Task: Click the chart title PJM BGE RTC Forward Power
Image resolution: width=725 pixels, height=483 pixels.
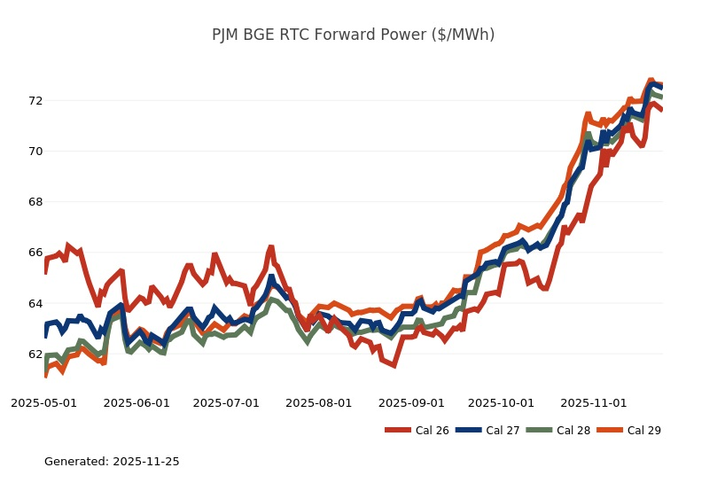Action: point(353,35)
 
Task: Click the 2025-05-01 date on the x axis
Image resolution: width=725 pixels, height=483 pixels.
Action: point(43,403)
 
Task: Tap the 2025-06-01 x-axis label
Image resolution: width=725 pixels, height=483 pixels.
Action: point(136,403)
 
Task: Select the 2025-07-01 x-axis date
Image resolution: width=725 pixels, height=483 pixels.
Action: point(226,403)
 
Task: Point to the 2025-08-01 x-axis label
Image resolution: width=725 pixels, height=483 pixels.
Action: point(319,403)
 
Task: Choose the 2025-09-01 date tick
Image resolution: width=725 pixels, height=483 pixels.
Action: point(411,403)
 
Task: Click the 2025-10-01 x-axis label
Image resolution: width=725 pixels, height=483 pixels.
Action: point(501,403)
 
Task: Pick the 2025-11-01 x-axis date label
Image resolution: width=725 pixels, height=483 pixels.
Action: point(594,403)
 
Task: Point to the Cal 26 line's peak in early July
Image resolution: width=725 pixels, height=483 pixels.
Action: point(271,248)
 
